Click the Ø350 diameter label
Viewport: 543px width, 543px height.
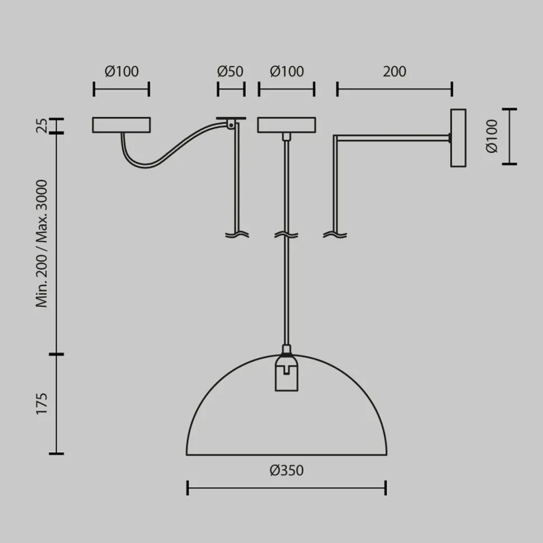coord(286,470)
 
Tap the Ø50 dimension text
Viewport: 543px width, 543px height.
coord(230,72)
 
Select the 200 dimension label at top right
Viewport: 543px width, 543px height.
coord(395,72)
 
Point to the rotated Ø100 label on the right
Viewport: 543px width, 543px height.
coord(491,137)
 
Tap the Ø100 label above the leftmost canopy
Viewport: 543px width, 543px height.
coord(121,72)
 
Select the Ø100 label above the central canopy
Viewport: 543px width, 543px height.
coord(287,72)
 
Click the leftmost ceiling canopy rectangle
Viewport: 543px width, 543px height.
coord(121,125)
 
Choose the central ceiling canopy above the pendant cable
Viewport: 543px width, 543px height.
coord(286,125)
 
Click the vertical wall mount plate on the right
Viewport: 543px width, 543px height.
coord(458,137)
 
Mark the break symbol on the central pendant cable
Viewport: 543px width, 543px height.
coord(286,235)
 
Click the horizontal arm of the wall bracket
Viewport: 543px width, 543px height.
coord(392,136)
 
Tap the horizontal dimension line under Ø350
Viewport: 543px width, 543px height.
coord(286,488)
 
